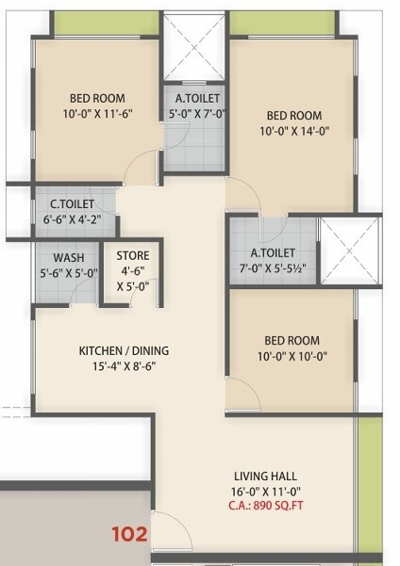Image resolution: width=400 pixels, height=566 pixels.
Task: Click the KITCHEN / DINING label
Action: tap(124, 351)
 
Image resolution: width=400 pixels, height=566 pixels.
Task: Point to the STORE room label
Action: tap(132, 255)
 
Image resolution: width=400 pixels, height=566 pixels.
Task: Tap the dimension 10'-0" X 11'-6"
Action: tap(97, 115)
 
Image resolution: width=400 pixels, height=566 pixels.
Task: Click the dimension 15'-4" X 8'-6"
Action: tap(124, 367)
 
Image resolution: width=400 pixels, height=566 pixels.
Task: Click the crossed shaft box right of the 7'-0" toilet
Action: tap(350, 250)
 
